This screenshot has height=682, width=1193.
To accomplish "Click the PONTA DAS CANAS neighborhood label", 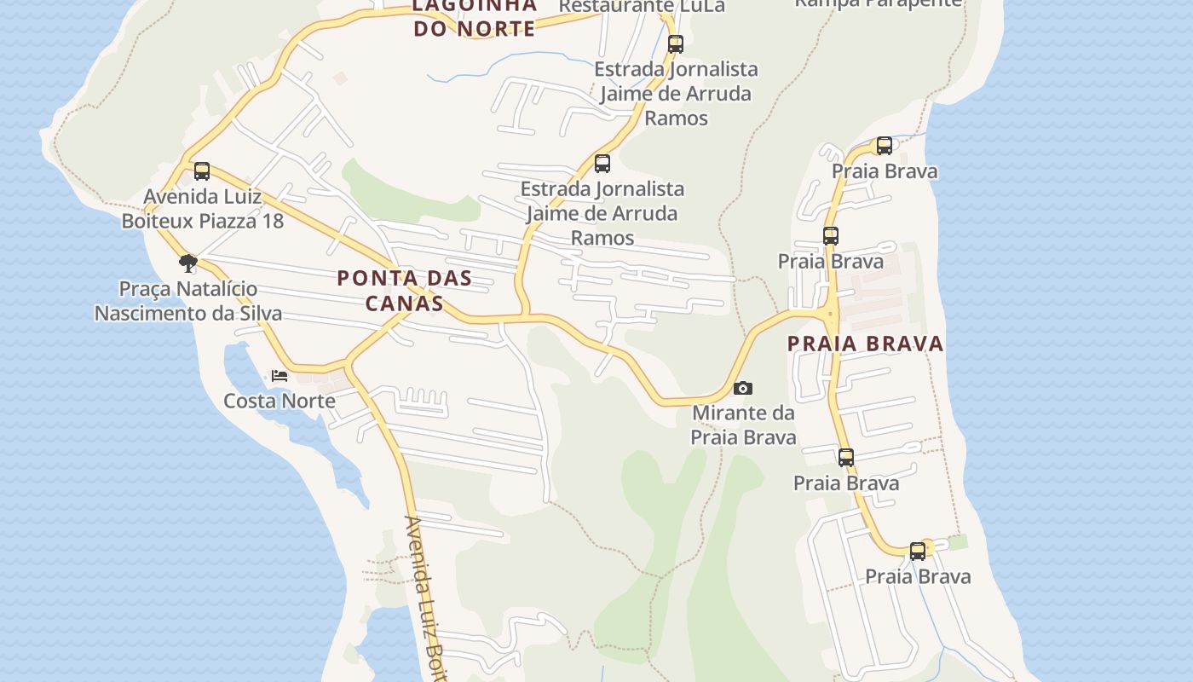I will coord(404,290).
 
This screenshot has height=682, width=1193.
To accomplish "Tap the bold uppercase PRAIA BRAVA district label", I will coord(865,344).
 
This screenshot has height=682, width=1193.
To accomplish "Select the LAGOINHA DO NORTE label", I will coord(474,17).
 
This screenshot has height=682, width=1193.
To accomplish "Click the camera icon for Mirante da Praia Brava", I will coord(743,389).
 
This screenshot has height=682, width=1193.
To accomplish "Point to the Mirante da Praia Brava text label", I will coord(743,425).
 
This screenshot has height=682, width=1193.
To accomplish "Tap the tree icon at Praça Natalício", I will coord(188,263).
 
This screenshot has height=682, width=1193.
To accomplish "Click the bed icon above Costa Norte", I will coord(279,375).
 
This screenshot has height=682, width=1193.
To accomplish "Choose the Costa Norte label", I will coord(279,401).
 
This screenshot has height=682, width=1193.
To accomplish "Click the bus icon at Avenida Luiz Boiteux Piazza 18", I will coord(202,170).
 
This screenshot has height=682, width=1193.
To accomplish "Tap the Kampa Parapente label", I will coord(878,3).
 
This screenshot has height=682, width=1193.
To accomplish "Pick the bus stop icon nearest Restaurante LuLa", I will coord(676,43).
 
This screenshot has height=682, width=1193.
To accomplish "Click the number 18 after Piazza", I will coord(272,221).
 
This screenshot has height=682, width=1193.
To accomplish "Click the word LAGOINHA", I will coord(474,6).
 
